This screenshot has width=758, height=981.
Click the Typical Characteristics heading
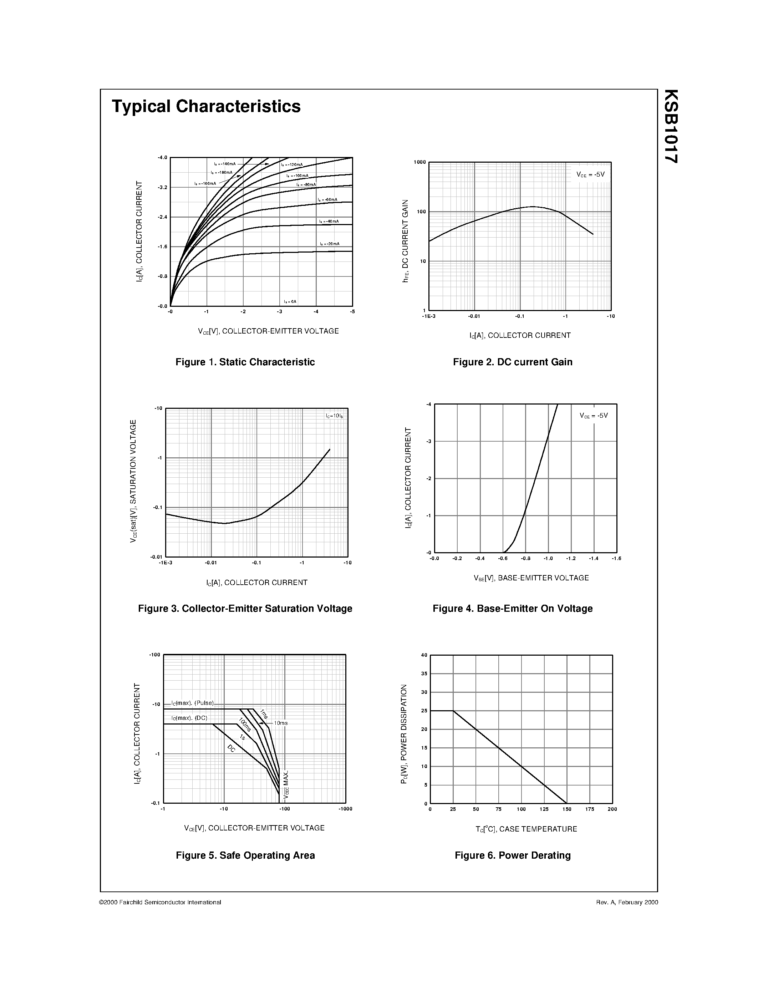pos(206,106)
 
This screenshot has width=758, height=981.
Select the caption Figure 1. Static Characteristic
pos(245,362)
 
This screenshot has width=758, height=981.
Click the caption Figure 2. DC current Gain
pos(512,362)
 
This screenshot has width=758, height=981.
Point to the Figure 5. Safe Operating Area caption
pos(245,855)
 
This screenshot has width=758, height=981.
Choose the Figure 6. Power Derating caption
pos(512,855)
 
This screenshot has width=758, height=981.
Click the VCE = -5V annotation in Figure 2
pos(590,174)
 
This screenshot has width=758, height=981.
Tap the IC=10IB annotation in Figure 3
pos(334,416)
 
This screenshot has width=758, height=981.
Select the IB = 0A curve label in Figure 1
pos(290,301)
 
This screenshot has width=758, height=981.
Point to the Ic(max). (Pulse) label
pos(193,703)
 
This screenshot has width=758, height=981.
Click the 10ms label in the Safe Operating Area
pos(281,723)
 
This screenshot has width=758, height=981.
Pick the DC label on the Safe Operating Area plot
pos(231,748)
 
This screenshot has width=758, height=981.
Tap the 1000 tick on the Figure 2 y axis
pos(419,162)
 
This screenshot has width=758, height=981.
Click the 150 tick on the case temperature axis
pos(567,809)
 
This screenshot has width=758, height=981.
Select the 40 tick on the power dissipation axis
pos(424,655)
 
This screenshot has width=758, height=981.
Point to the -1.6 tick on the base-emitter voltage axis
pos(616,558)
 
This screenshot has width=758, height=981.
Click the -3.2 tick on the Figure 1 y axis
pos(162,187)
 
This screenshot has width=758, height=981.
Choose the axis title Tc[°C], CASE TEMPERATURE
pos(526,829)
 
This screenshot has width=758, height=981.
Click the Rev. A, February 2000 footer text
pos(627,902)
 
